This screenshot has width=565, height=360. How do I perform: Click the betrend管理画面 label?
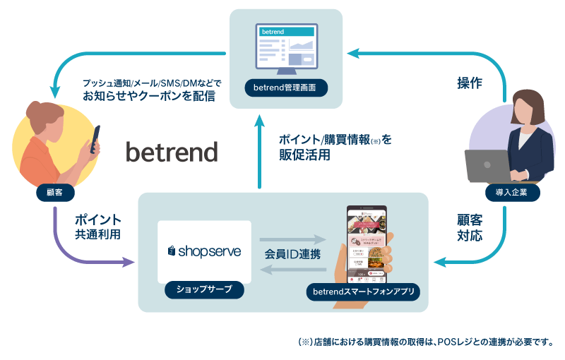click(x=285, y=88)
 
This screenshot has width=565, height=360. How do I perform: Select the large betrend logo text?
click(x=172, y=152)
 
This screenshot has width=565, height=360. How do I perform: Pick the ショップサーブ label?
click(x=204, y=289)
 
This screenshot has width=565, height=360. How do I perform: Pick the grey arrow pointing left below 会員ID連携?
click(x=292, y=269)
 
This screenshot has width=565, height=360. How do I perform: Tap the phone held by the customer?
click(x=95, y=140)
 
